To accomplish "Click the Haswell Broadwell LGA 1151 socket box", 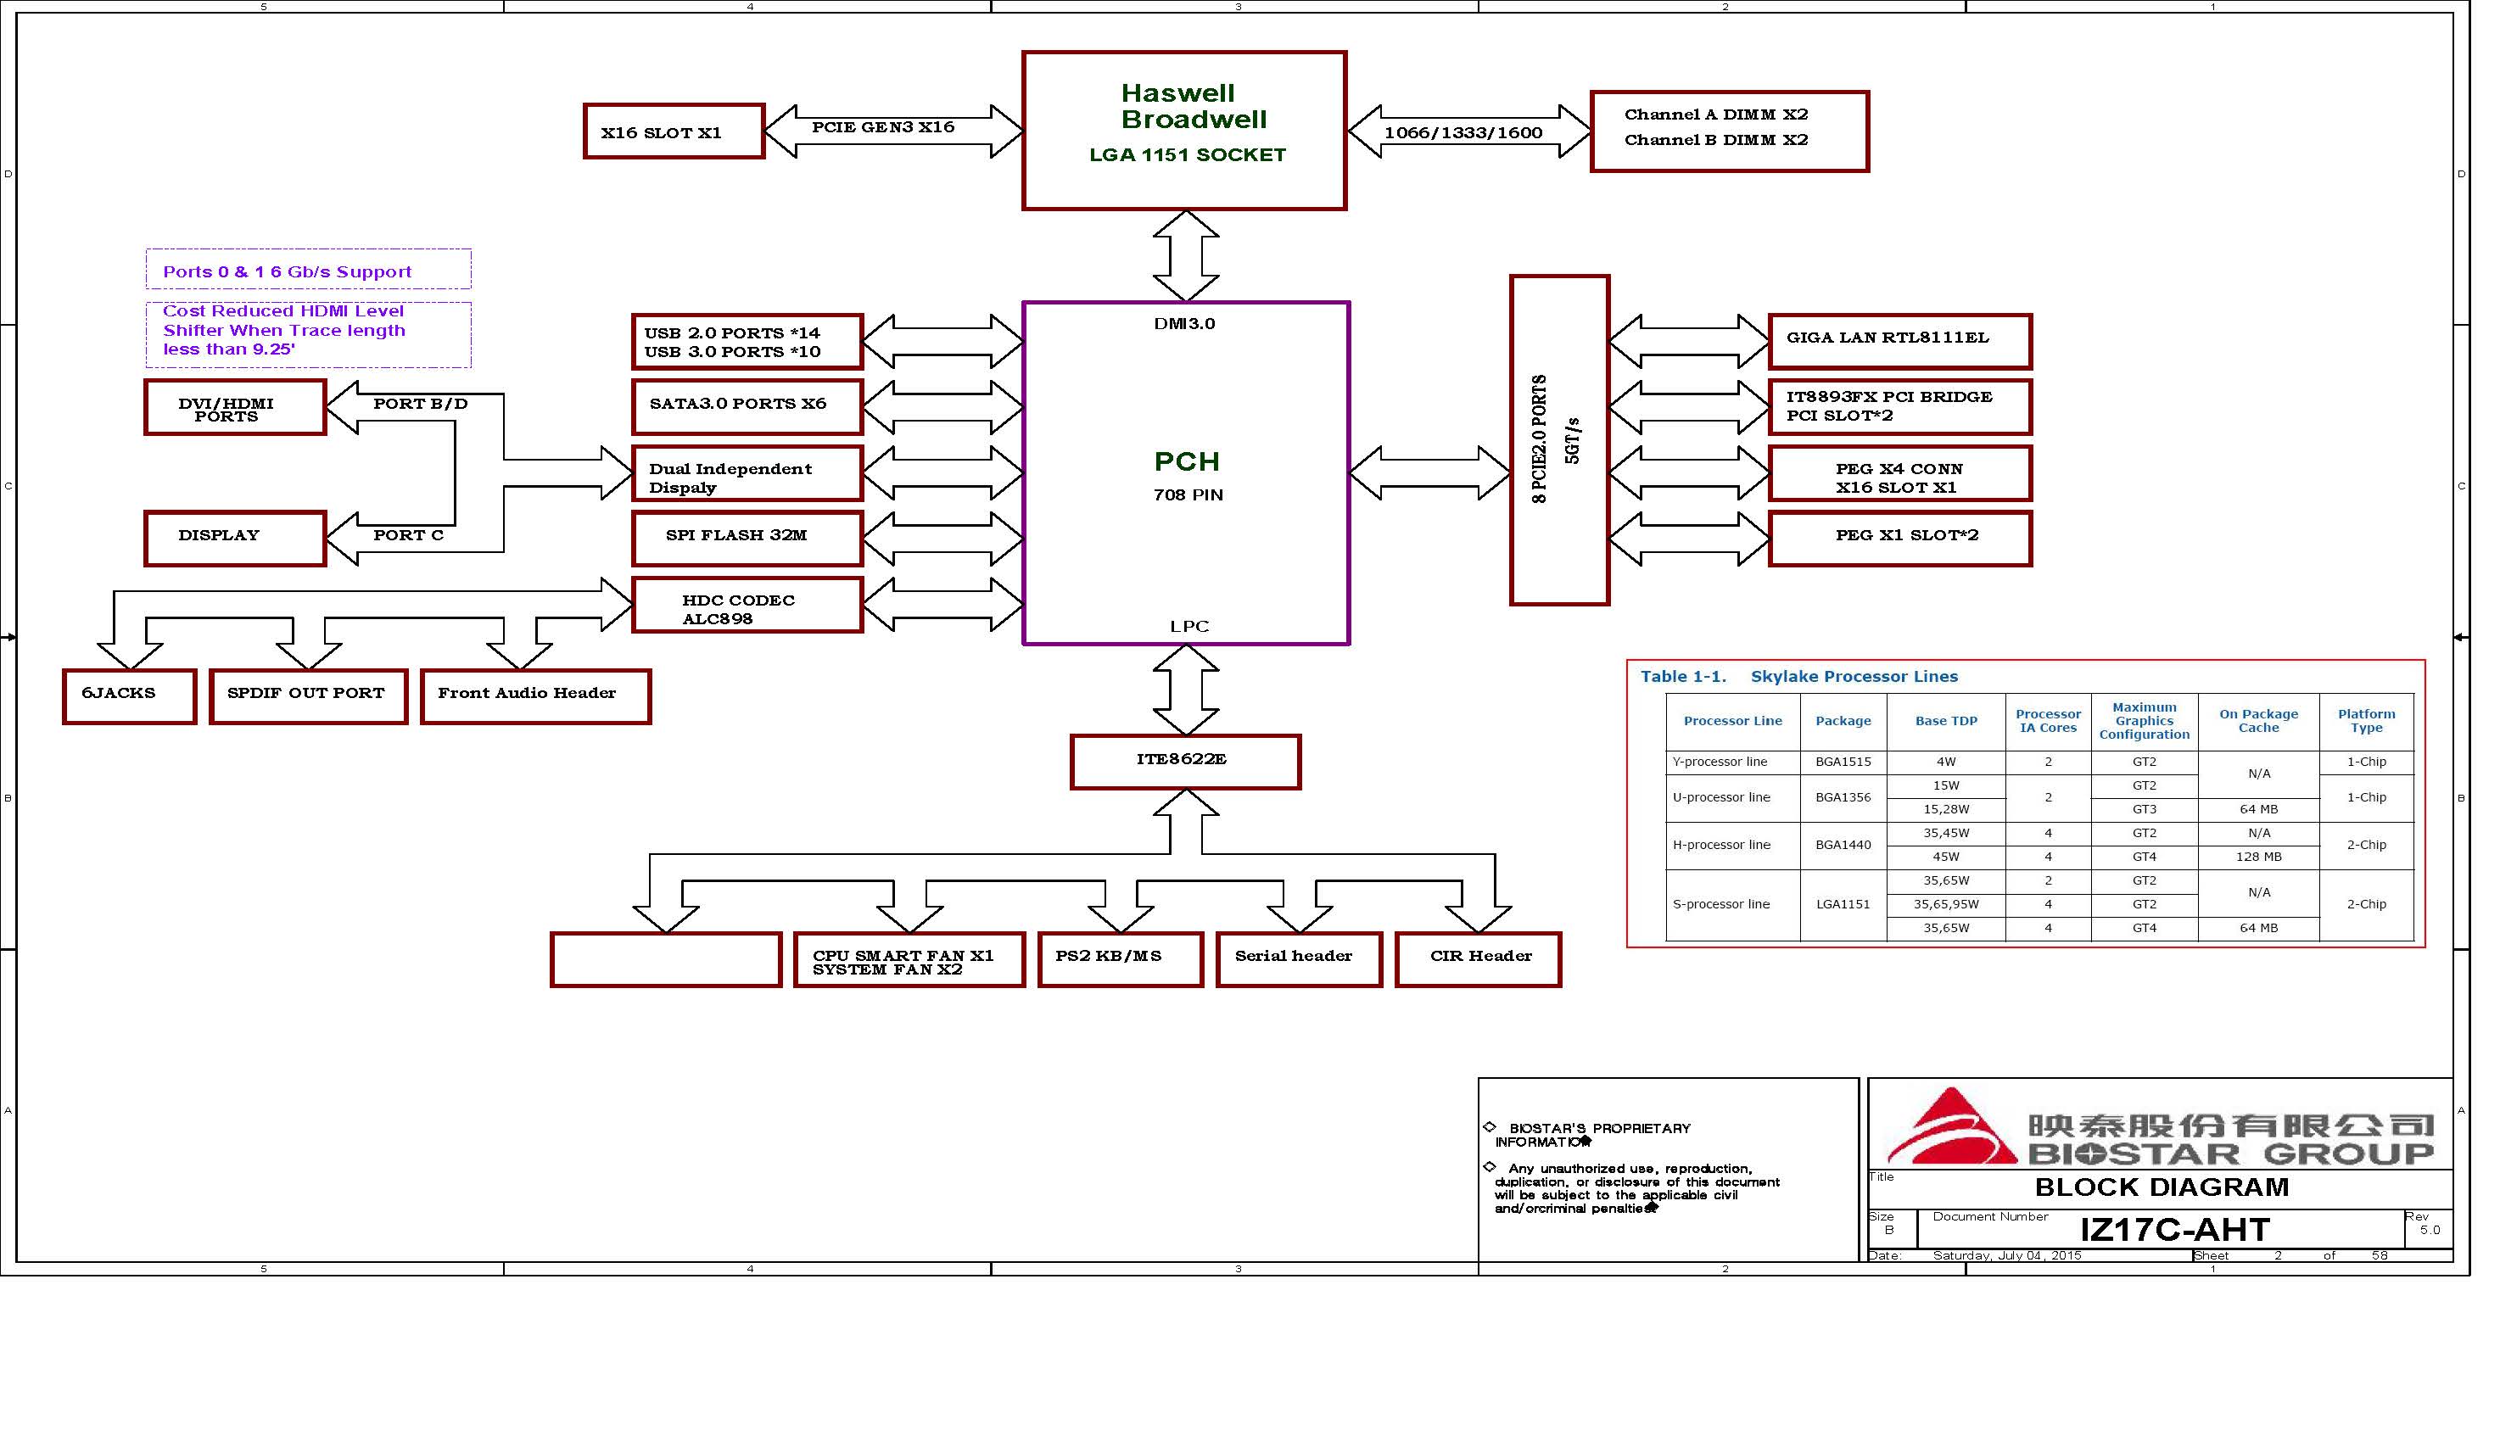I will pyautogui.click(x=1183, y=131).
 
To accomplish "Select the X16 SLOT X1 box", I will pyautogui.click(x=673, y=131).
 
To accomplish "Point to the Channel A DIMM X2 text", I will pyautogui.click(x=1715, y=115).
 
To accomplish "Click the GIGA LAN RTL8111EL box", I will pyautogui.click(x=1899, y=341).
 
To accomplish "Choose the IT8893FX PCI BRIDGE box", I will pyautogui.click(x=1899, y=406).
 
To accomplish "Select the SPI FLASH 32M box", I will pyautogui.click(x=747, y=537).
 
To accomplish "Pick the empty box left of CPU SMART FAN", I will pyautogui.click(x=665, y=958).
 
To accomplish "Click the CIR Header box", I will pyautogui.click(x=1478, y=958).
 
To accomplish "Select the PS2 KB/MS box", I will pyautogui.click(x=1120, y=958).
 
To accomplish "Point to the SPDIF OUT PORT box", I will pyautogui.click(x=307, y=696).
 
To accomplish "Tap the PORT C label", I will pyautogui.click(x=408, y=535).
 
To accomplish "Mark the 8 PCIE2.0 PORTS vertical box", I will pyautogui.click(x=1558, y=439).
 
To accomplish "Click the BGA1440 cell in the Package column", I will pyautogui.click(x=1843, y=845).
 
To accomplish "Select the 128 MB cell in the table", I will pyautogui.click(x=2258, y=857).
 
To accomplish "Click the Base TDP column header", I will pyautogui.click(x=1945, y=721).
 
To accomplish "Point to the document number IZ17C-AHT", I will pyautogui.click(x=2174, y=1230).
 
